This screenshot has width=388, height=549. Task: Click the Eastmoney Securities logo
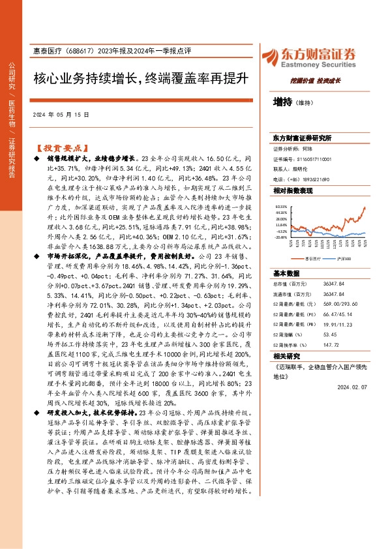point(308,57)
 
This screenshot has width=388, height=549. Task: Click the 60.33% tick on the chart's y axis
point(280,205)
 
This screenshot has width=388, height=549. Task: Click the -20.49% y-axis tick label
point(281,237)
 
